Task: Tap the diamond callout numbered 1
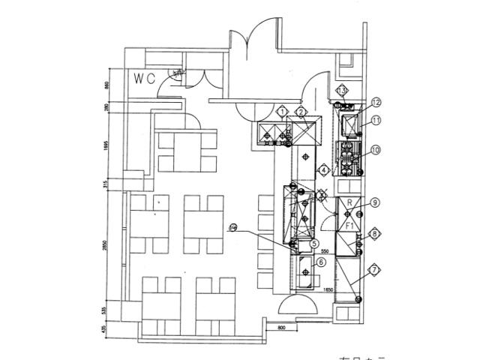click(x=282, y=112)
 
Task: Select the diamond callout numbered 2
click(x=300, y=112)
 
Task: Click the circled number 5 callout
click(x=313, y=243)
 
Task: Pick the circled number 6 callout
click(x=320, y=262)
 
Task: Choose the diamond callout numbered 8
click(x=374, y=235)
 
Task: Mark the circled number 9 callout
click(x=374, y=201)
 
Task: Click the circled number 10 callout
click(x=375, y=150)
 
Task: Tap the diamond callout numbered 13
click(x=341, y=91)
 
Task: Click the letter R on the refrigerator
click(x=349, y=203)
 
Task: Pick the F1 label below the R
click(x=349, y=224)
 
